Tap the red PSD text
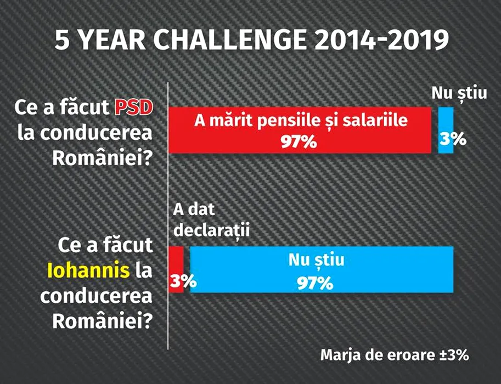tap(133, 108)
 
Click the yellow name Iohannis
tap(88, 270)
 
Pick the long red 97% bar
tap(300, 130)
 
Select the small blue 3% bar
tap(446, 130)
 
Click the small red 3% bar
tap(176, 269)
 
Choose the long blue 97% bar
tap(322, 269)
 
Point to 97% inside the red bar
tap(299, 142)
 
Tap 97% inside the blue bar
tap(315, 283)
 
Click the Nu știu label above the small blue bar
tap(459, 93)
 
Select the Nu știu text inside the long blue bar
tap(316, 260)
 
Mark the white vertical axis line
tap(168, 216)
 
